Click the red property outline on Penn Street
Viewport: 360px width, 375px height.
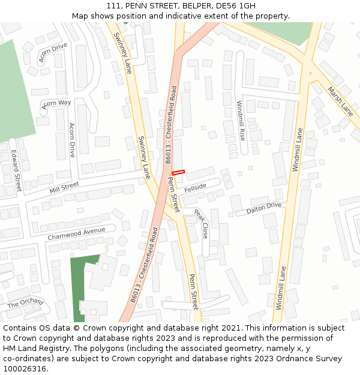(178, 173)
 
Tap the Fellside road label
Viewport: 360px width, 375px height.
(195, 188)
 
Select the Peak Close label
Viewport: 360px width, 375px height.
(200, 224)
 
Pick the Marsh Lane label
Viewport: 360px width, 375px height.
(340, 101)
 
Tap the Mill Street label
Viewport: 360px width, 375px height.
(64, 188)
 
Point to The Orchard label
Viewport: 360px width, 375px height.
(25, 304)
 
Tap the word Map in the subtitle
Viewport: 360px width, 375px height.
(80, 16)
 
